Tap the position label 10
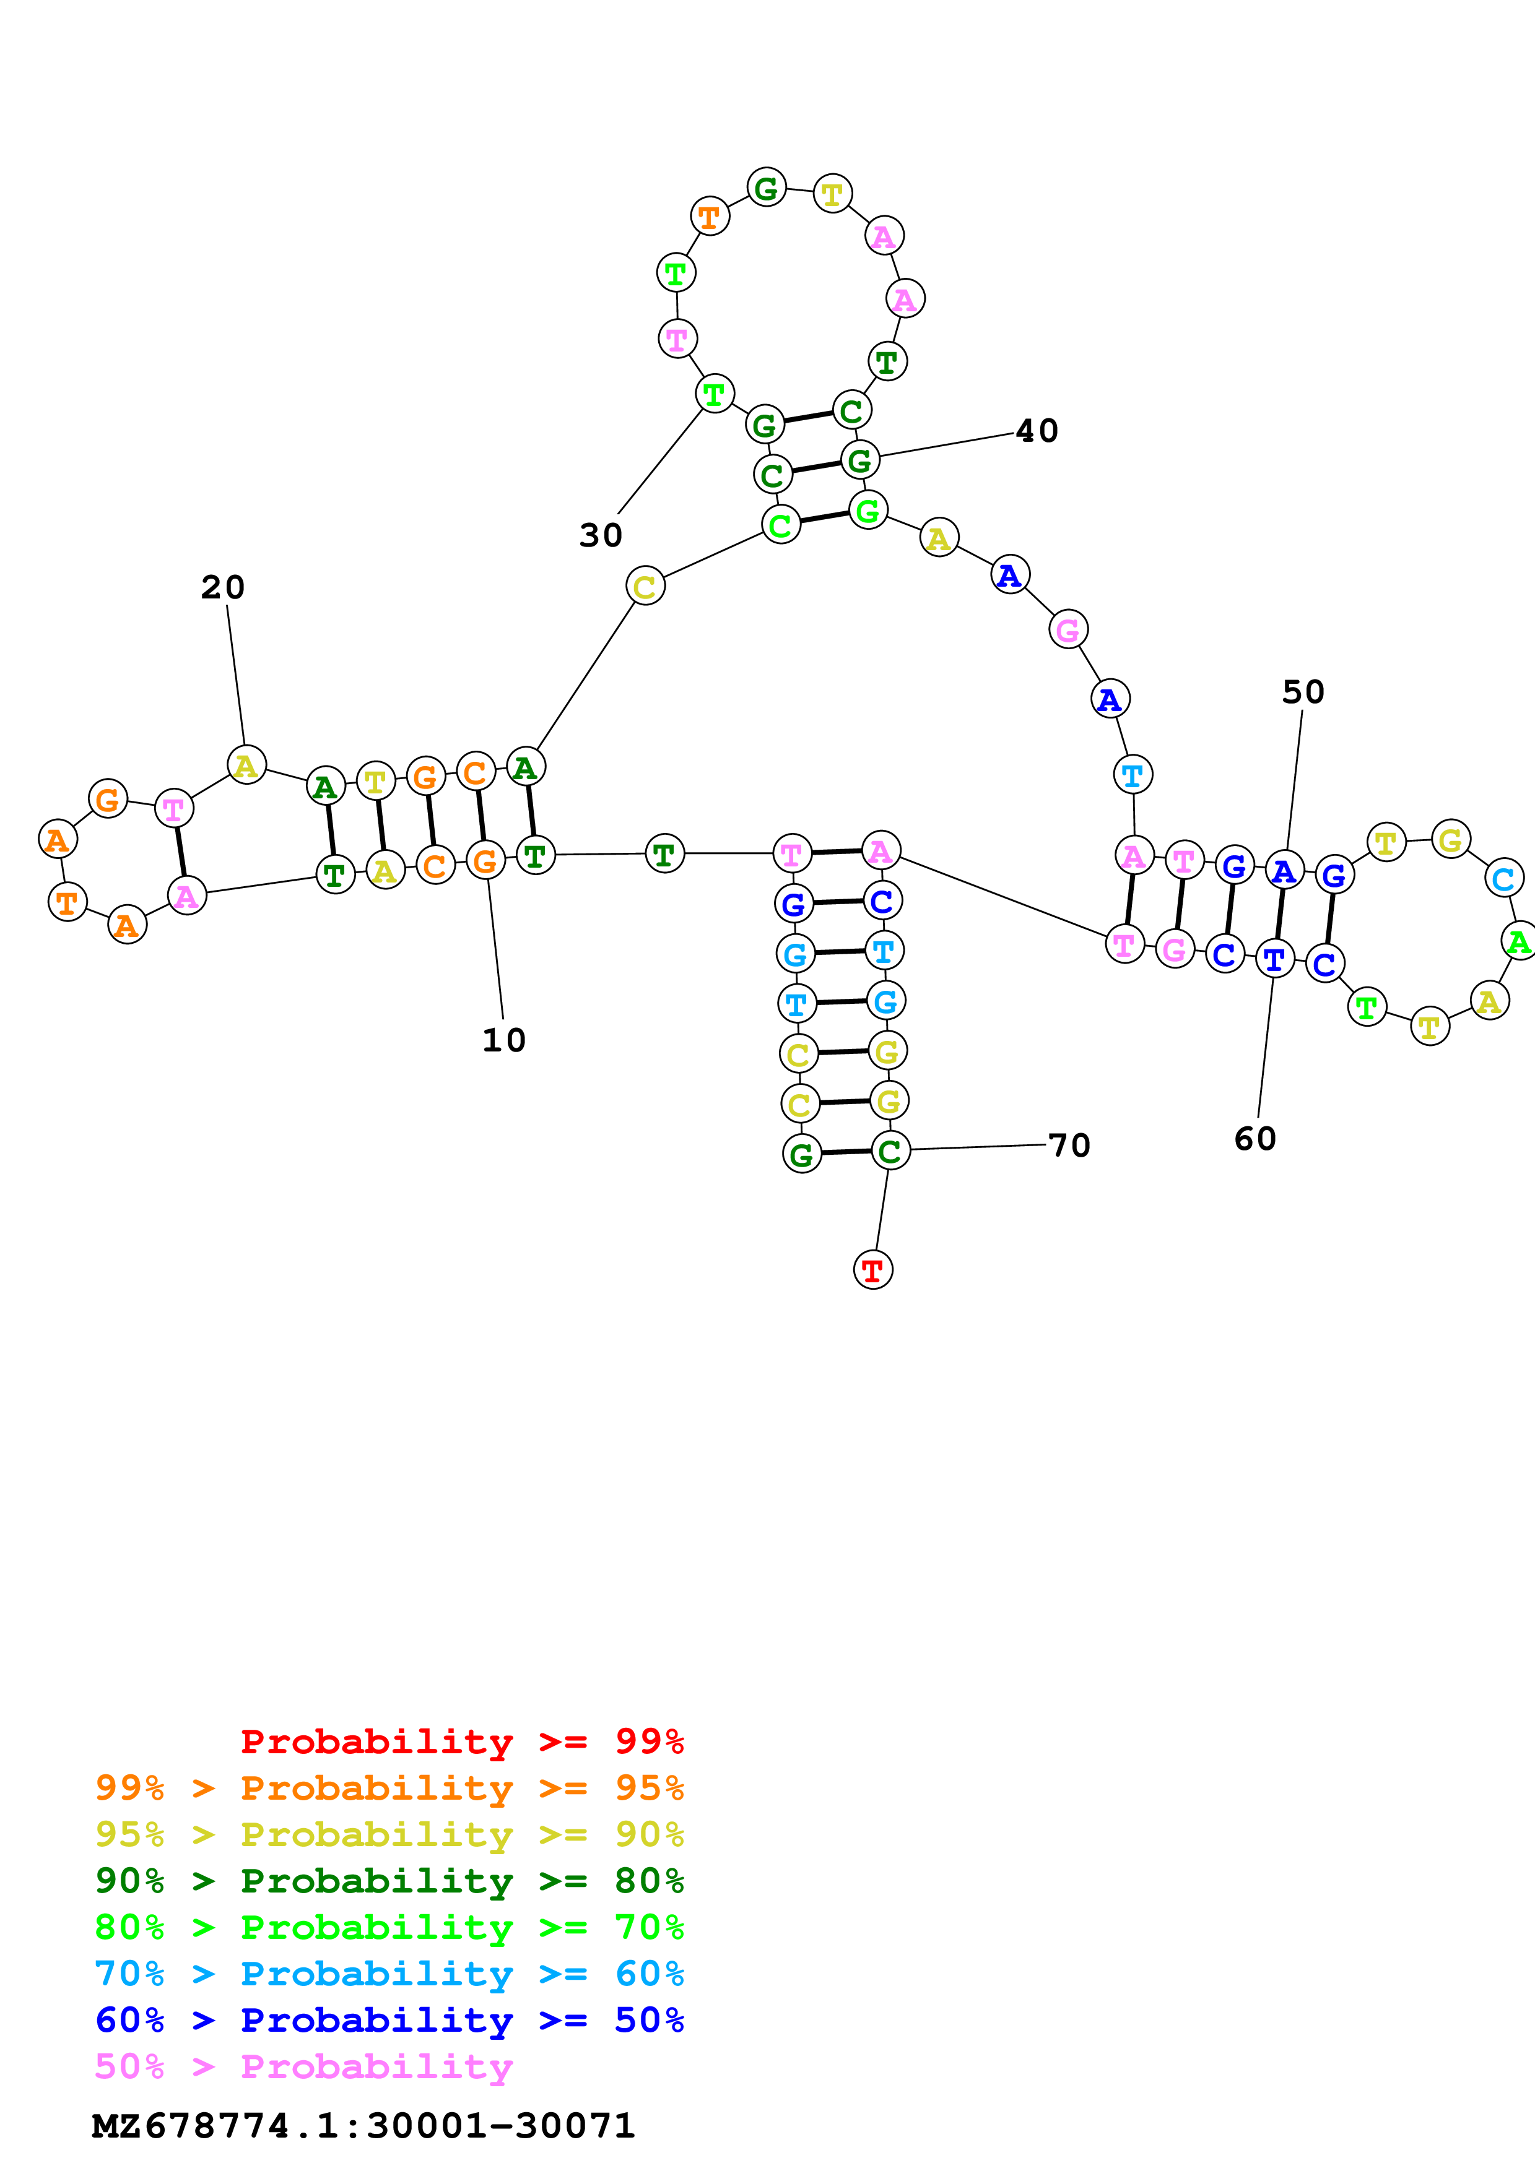[x=503, y=1040]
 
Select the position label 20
[x=223, y=587]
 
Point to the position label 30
[x=601, y=535]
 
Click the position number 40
[x=1037, y=431]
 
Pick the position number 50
[x=1302, y=692]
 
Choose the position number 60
[x=1255, y=1139]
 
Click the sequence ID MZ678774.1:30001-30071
[x=363, y=2126]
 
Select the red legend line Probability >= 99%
[x=461, y=1741]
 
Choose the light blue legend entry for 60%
[x=389, y=1974]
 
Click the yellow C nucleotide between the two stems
[x=645, y=586]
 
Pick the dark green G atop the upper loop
[x=766, y=188]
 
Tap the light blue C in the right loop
[x=1503, y=878]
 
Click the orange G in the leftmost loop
[x=108, y=799]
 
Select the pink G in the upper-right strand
[x=1068, y=630]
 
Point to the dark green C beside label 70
[x=890, y=1150]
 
